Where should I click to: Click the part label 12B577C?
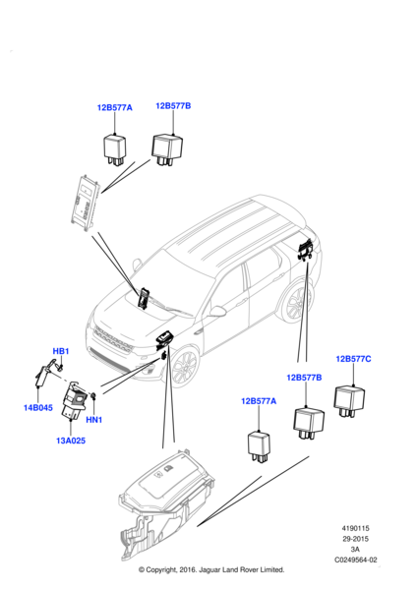353,359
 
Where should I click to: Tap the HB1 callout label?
61,351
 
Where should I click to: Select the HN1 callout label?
94,419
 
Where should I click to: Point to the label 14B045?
38,407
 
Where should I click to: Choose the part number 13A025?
71,441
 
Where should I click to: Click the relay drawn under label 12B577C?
349,401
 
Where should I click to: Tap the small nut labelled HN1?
93,395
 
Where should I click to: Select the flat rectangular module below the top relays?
86,203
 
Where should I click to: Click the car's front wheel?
185,366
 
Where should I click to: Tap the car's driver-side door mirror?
217,311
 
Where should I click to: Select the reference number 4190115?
355,528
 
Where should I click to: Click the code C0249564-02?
356,560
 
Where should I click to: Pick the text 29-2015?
355,539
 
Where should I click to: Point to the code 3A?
354,550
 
